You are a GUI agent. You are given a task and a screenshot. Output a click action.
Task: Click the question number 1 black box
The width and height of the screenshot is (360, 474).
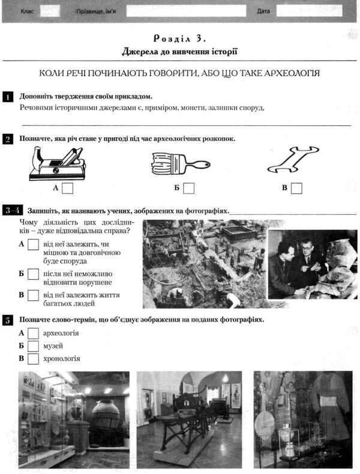8,97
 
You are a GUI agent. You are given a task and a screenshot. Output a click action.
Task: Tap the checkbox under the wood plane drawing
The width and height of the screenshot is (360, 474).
68,188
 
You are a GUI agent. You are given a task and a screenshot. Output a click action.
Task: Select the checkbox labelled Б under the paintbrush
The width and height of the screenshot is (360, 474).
188,188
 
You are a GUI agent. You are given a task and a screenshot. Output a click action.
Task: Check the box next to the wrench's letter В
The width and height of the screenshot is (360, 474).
296,188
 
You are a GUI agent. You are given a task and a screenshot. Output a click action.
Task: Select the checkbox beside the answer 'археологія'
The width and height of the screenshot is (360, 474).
34,333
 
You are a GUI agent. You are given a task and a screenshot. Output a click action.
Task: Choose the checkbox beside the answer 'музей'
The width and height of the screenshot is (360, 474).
34,346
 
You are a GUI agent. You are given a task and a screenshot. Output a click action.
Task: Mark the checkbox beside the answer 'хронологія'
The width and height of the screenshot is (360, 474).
34,359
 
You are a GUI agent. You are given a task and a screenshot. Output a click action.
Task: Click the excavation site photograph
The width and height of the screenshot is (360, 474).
204,263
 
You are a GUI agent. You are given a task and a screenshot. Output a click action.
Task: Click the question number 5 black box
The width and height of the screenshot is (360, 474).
8,320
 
